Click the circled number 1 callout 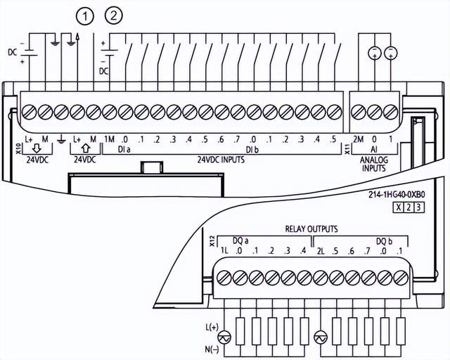pos(86,15)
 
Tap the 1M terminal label pos(109,139)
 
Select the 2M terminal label pos(358,139)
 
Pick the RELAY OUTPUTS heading pos(311,229)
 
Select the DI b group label pos(252,149)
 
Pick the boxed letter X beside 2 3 pos(399,207)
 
